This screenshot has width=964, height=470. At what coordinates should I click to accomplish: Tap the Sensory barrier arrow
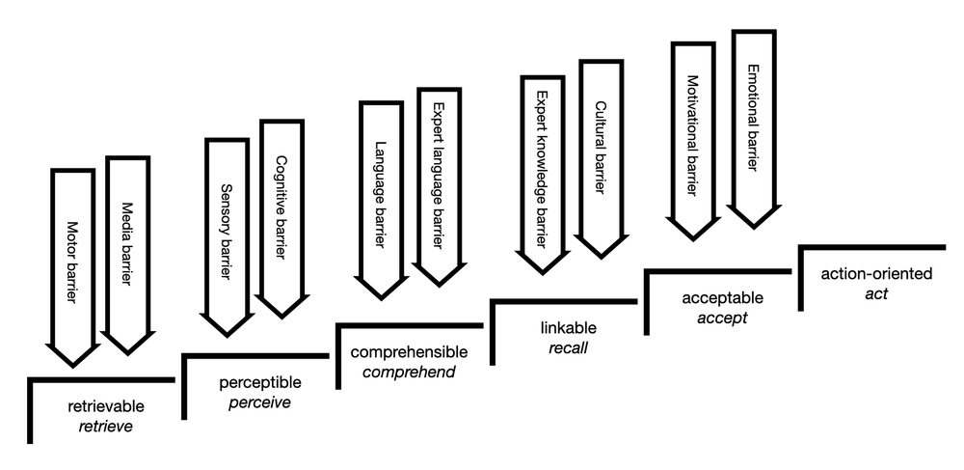pyautogui.click(x=228, y=232)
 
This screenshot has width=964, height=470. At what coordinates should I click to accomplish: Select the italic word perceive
pyautogui.click(x=259, y=402)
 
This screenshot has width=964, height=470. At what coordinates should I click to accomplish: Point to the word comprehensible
pyautogui.click(x=409, y=352)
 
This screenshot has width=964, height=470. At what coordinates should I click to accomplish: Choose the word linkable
pyautogui.click(x=564, y=327)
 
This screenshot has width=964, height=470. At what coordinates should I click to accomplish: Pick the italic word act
pyautogui.click(x=876, y=293)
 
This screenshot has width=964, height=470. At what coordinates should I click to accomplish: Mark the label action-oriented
pyautogui.click(x=876, y=274)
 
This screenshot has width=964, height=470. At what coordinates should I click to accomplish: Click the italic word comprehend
pyautogui.click(x=409, y=372)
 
